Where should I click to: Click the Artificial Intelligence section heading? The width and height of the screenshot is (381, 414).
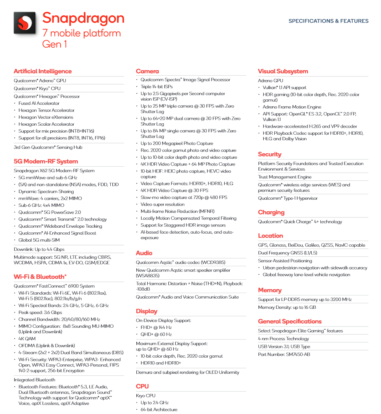coord(43,71)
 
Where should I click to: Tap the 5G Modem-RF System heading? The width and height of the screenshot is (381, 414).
coord(46,161)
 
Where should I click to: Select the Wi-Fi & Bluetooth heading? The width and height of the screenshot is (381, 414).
coord(40,277)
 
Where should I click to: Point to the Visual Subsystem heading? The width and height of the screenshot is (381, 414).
coord(283,71)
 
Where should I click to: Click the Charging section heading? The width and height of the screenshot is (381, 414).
coord(271,212)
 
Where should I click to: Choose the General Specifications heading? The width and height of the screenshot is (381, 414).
coord(290,321)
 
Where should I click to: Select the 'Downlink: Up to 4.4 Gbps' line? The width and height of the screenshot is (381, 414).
coord(39,249)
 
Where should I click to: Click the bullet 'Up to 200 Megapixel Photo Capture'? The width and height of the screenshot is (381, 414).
coord(177,143)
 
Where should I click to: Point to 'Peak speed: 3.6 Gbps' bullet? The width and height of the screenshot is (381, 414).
coord(40,312)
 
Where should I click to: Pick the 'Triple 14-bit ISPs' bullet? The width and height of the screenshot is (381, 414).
coord(156,87)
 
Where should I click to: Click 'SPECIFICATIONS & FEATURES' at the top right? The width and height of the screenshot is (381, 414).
coord(328,21)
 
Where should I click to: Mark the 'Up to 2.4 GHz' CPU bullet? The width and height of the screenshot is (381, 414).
coord(154,403)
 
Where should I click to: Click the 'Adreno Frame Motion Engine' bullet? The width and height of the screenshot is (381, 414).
coord(292,107)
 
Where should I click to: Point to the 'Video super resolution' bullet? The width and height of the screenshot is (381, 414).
coord(162,204)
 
